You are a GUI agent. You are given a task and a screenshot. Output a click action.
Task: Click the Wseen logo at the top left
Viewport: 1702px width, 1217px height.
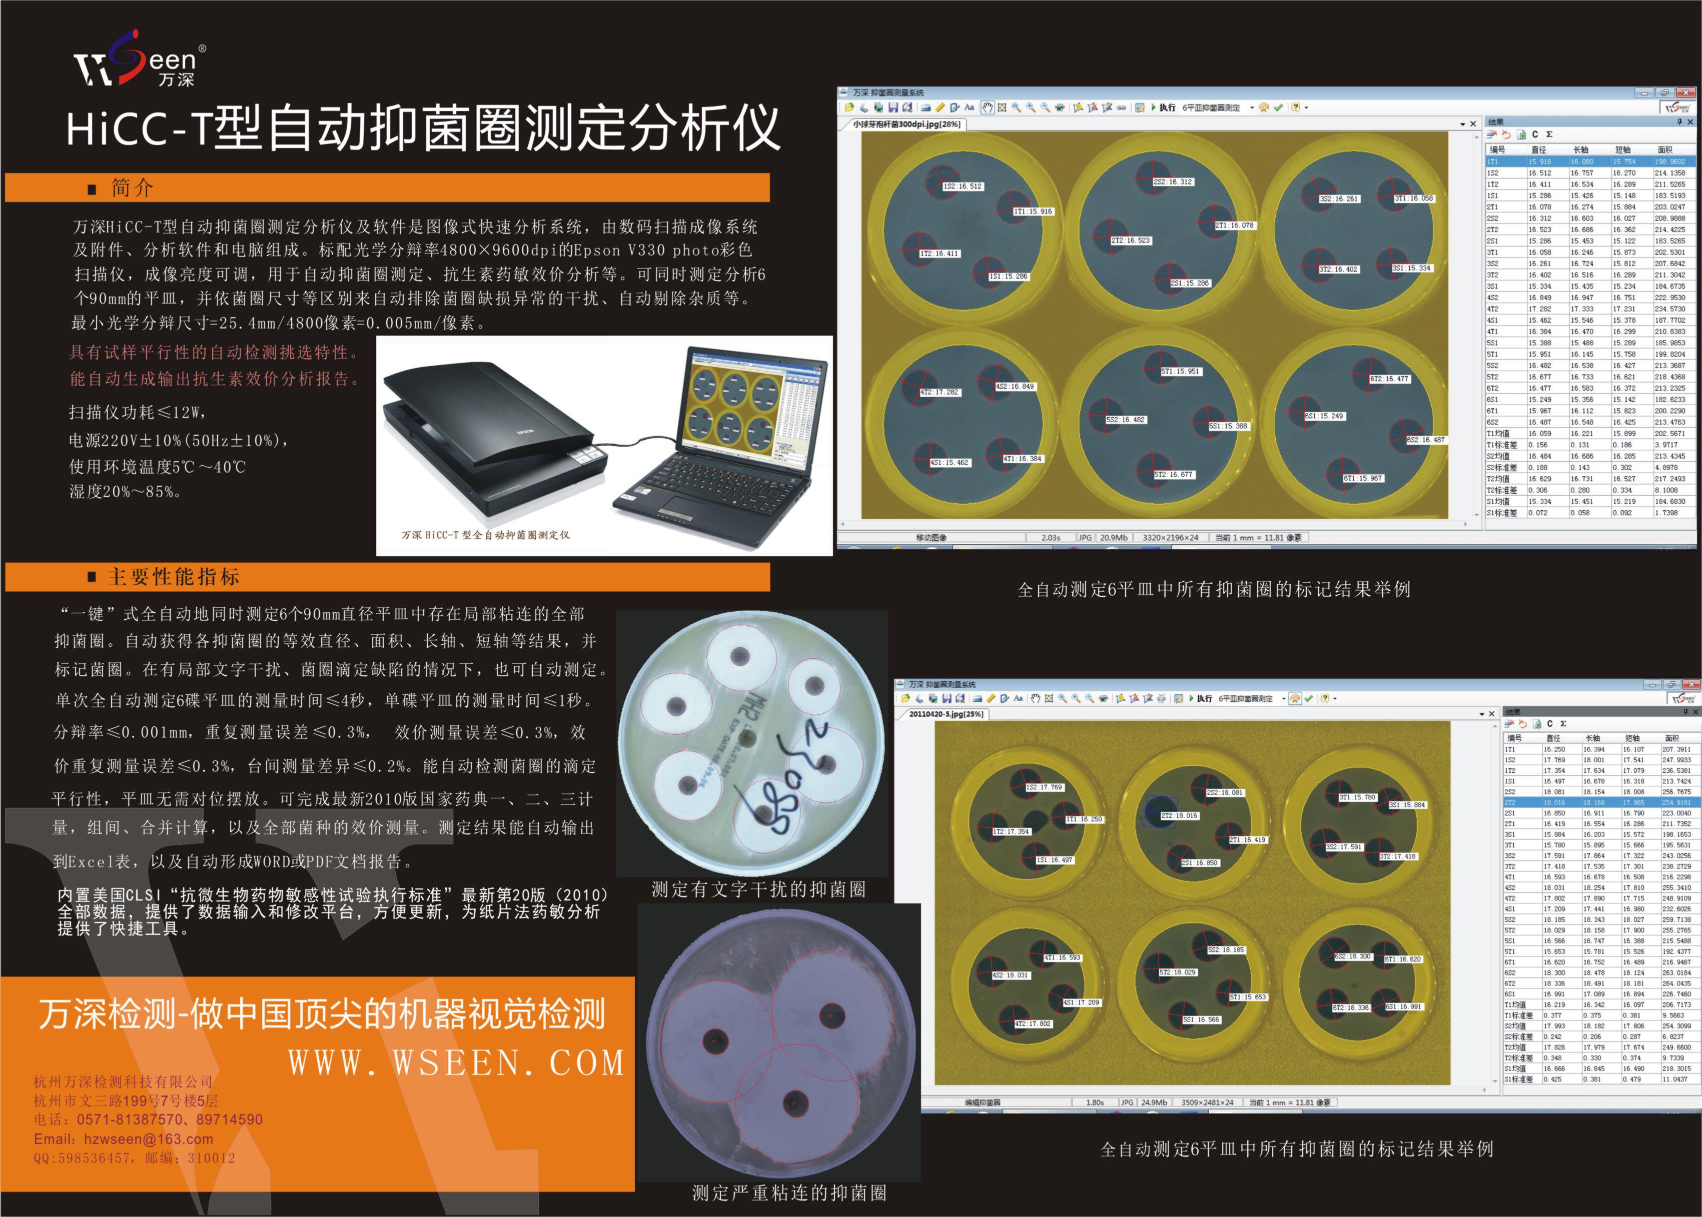click(x=139, y=60)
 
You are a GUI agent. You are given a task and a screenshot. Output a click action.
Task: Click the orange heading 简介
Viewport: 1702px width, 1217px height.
click(x=132, y=188)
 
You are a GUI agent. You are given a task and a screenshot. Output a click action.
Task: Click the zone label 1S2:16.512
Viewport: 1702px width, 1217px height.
click(x=962, y=187)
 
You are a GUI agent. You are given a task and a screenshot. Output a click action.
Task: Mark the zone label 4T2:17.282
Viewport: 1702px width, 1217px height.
click(x=940, y=392)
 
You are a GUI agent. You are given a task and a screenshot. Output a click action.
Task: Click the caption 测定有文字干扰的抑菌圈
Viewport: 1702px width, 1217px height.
click(x=758, y=889)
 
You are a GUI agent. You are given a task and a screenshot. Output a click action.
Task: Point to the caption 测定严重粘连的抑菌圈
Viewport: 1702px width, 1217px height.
click(x=788, y=1193)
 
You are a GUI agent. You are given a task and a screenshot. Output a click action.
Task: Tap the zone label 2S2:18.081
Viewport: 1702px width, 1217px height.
click(x=1225, y=792)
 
